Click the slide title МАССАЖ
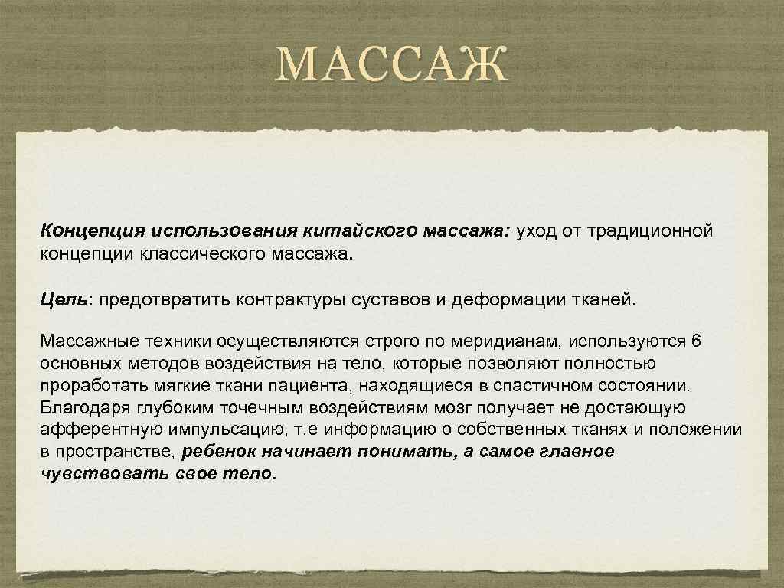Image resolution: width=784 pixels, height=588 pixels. [392, 66]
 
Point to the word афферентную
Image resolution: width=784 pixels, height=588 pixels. [94, 428]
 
